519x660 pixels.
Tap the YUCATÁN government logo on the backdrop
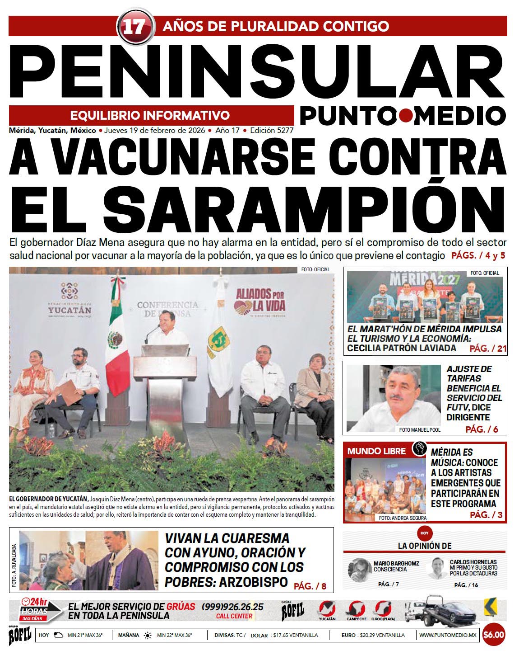point(70,301)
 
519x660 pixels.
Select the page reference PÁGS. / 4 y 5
point(478,255)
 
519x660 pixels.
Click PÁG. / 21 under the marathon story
point(488,349)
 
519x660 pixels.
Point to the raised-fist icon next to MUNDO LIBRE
point(419,449)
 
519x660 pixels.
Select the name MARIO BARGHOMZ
point(396,563)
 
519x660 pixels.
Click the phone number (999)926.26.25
point(232,607)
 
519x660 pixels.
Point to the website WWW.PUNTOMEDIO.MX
point(447,635)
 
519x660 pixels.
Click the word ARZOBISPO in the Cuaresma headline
point(253,581)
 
